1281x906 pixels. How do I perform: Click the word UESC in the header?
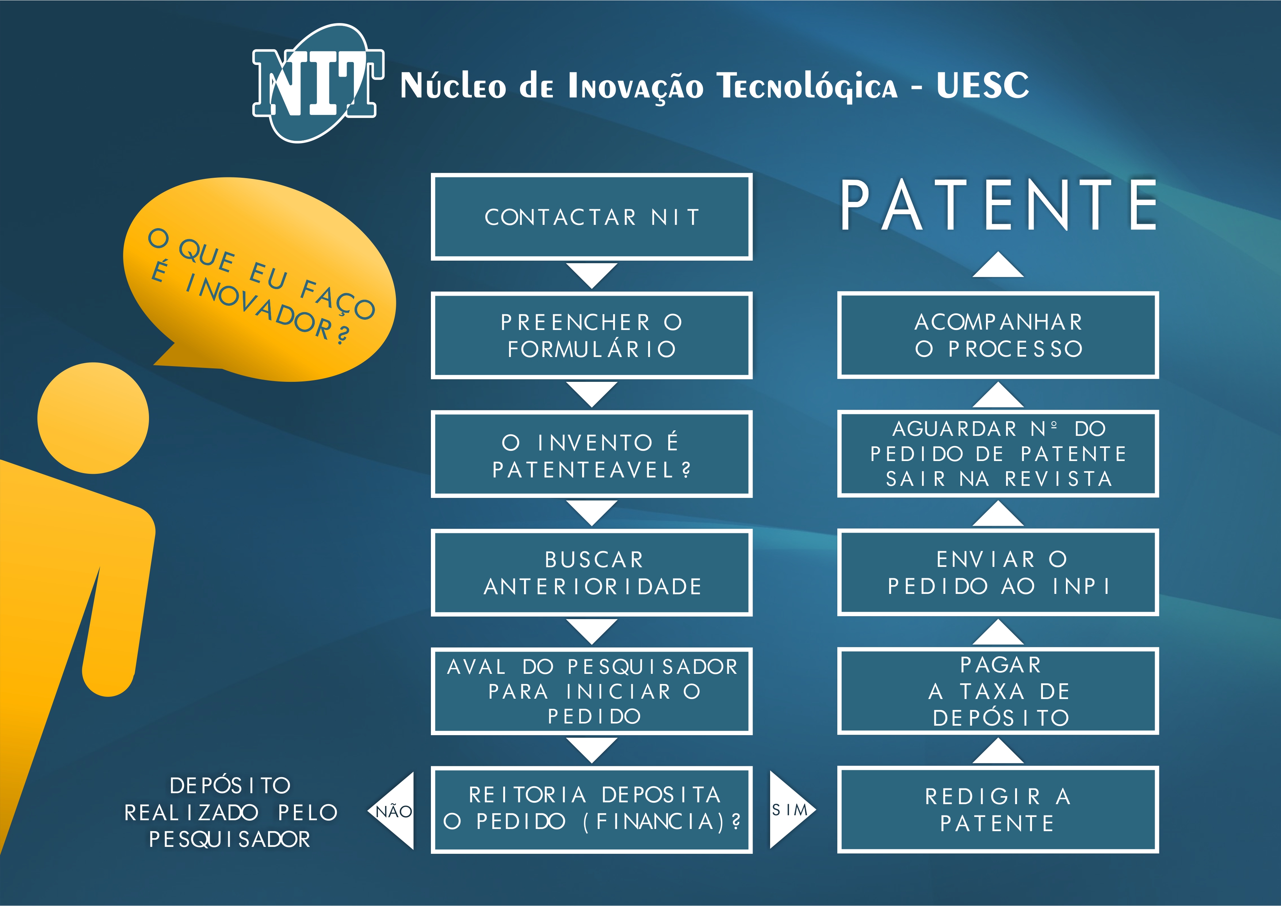point(983,85)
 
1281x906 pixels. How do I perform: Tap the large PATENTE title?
point(999,205)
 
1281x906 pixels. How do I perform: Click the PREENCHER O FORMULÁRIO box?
point(592,335)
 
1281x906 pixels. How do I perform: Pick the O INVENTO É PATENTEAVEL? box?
point(592,454)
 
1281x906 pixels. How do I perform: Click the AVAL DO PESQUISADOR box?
point(592,691)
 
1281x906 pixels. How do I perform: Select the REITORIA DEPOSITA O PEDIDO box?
point(592,810)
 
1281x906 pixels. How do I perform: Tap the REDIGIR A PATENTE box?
point(998,810)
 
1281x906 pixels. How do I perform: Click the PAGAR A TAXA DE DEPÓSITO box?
point(998,691)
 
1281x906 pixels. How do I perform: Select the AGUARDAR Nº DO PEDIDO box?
point(998,454)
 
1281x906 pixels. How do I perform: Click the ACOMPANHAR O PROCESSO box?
point(998,335)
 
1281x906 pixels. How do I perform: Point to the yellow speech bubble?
point(259,279)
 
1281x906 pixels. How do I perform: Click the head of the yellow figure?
point(93,418)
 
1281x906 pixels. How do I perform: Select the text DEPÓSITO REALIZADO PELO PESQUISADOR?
point(230,812)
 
